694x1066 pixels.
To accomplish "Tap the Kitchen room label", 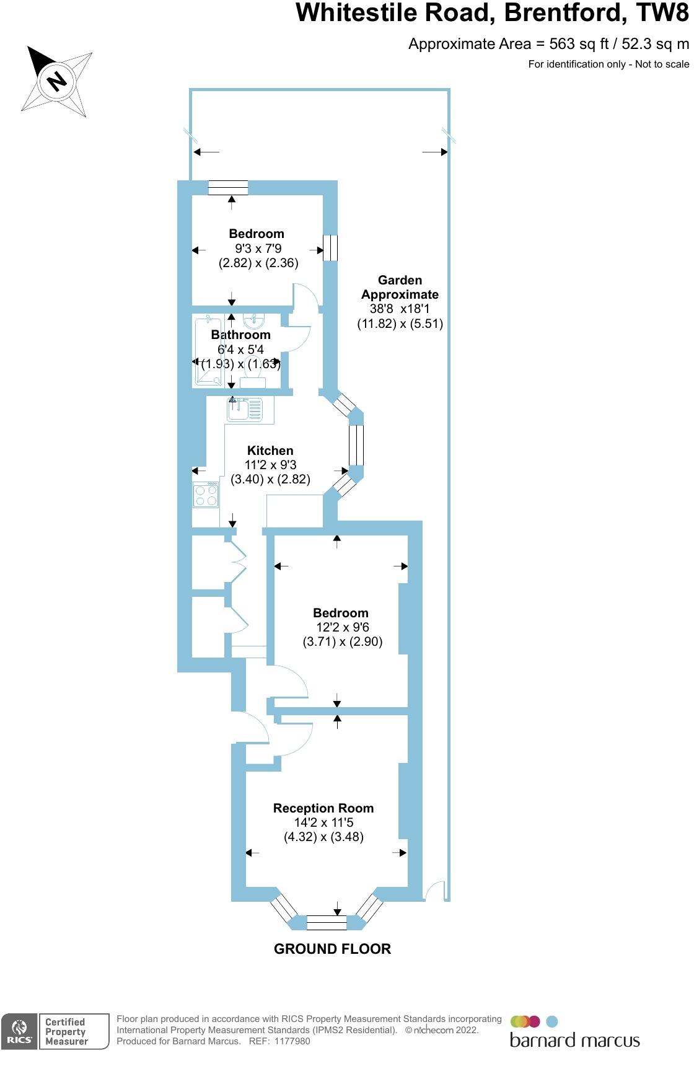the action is click(x=270, y=451).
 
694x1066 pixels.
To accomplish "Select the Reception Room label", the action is click(x=323, y=808).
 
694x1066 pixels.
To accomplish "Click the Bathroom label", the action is click(x=240, y=335).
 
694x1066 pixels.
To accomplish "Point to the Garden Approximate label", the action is click(x=400, y=288).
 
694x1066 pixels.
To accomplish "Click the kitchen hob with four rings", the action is click(x=206, y=495).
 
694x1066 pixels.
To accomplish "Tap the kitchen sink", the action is click(x=245, y=408).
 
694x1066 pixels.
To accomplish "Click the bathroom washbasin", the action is click(x=254, y=320).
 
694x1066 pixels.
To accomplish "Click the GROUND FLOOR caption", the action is click(x=332, y=949).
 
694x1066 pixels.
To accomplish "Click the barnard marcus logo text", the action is click(x=574, y=1039).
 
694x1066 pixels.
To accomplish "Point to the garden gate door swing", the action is click(x=436, y=890).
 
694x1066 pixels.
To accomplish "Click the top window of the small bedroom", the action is click(x=228, y=187).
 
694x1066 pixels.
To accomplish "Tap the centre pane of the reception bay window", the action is click(x=327, y=923).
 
